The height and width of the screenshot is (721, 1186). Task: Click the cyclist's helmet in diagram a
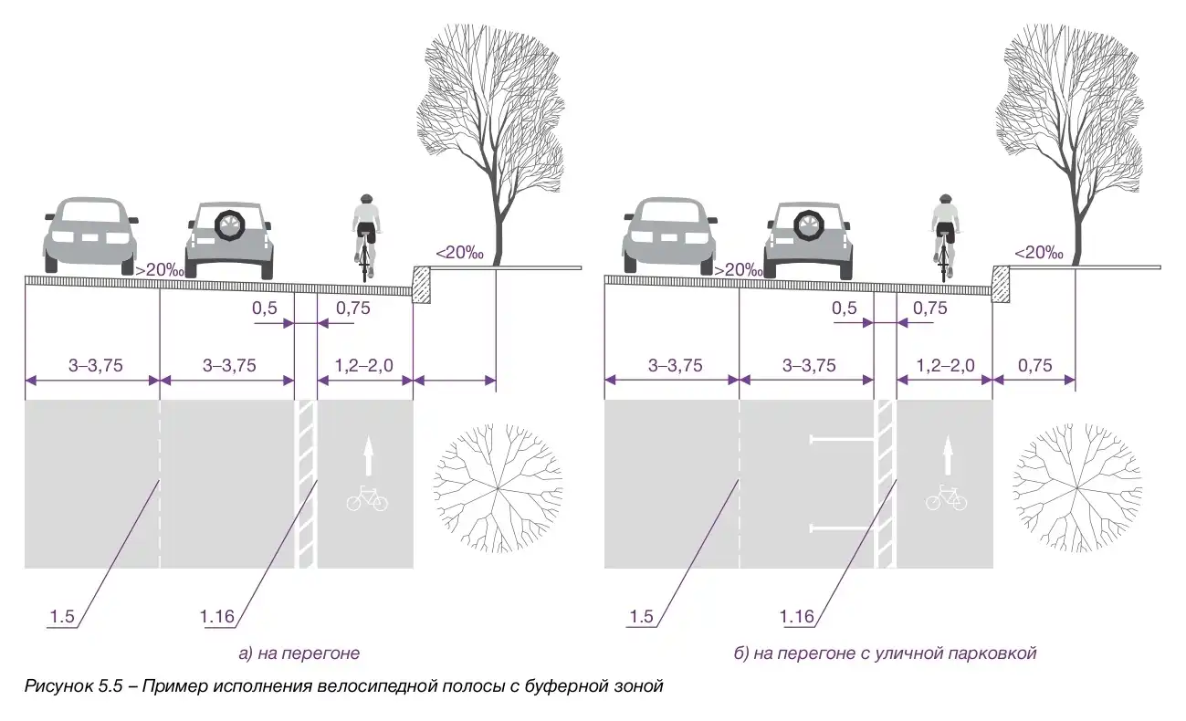pos(366,198)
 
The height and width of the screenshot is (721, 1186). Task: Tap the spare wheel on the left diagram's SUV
pos(228,225)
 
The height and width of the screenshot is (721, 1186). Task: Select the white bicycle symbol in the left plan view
pos(366,499)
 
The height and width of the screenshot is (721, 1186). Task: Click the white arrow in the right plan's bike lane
pos(947,454)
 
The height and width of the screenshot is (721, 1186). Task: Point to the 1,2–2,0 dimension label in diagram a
pos(364,366)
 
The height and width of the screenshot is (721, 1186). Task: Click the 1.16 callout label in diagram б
pos(797,617)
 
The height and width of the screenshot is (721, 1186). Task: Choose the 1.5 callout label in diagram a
pos(62,617)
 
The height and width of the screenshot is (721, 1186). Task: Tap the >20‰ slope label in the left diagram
pos(160,270)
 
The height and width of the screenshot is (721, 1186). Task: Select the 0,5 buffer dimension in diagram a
pos(265,308)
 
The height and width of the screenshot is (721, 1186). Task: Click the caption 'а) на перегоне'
pos(299,653)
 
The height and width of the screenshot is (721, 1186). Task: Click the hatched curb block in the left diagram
pos(423,283)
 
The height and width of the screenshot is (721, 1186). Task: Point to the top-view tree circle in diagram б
pos(1077,489)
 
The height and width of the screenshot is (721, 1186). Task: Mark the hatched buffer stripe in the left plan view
pos(306,484)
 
